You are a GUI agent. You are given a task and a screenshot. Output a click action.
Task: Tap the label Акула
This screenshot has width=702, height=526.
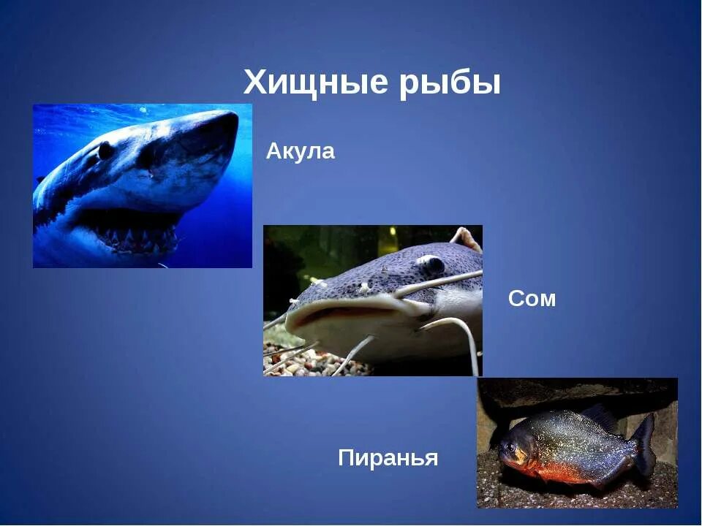pyautogui.click(x=301, y=152)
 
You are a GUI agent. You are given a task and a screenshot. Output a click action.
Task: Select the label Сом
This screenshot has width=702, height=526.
pyautogui.click(x=532, y=299)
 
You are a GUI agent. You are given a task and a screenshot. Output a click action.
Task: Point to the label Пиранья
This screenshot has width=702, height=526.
pyautogui.click(x=388, y=459)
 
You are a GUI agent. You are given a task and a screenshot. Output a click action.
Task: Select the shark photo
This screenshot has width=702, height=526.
pyautogui.click(x=143, y=186)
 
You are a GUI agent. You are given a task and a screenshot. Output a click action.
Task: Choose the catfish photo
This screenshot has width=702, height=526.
pyautogui.click(x=373, y=300)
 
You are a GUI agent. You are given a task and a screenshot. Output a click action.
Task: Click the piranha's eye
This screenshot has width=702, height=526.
pyautogui.click(x=509, y=445)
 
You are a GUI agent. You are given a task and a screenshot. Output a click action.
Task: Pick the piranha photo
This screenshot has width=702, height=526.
pyautogui.click(x=577, y=443)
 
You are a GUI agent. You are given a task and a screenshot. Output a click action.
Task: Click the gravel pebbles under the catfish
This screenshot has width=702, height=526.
pyautogui.click(x=300, y=362)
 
